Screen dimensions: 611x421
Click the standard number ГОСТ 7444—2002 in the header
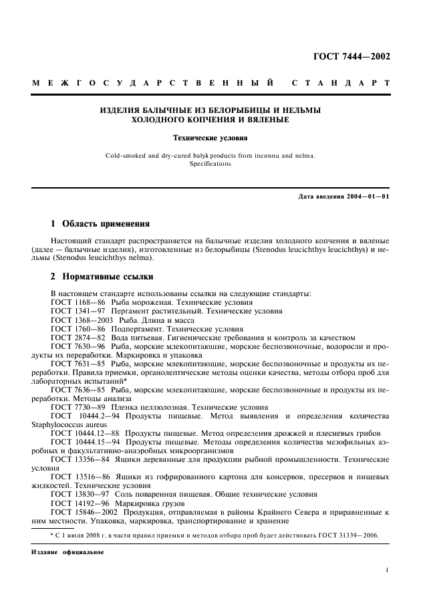352,56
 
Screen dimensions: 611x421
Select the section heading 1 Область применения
100,223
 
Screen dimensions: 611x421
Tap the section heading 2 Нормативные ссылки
102,276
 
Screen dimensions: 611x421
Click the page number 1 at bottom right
388,570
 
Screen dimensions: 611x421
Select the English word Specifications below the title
210,164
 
